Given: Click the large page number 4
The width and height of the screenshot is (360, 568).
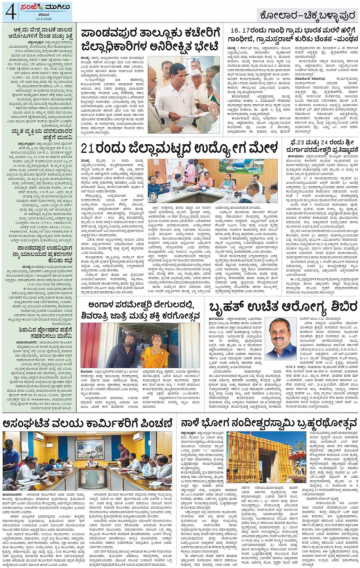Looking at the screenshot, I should (x=10, y=12).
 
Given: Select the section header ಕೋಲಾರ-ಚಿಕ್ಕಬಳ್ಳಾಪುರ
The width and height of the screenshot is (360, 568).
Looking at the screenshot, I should (x=307, y=15).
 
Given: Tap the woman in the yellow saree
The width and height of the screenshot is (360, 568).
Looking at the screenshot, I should (x=155, y=351).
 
